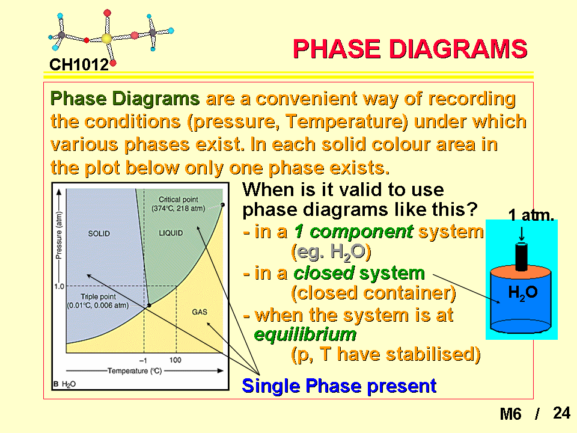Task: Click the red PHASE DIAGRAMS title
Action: tap(410, 49)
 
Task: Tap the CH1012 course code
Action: tap(79, 65)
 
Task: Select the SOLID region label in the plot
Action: tap(99, 234)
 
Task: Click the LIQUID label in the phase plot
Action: tap(171, 233)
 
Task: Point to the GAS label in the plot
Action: tap(200, 312)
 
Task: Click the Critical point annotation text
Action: tap(179, 204)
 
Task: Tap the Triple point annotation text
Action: tap(98, 301)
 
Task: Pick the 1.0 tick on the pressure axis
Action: tap(59, 286)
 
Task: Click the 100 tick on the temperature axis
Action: tap(175, 360)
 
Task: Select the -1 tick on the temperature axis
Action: tap(143, 360)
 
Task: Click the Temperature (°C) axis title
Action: tap(135, 371)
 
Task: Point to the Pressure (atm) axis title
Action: tap(58, 235)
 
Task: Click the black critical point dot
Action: tap(222, 204)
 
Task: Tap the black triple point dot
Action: tap(149, 306)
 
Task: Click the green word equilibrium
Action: tap(305, 334)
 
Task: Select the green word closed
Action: tap(324, 273)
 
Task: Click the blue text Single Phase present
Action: tap(339, 386)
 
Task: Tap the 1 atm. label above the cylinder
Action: tap(531, 215)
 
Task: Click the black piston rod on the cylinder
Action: tap(521, 256)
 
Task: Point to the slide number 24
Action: tap(561, 413)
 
